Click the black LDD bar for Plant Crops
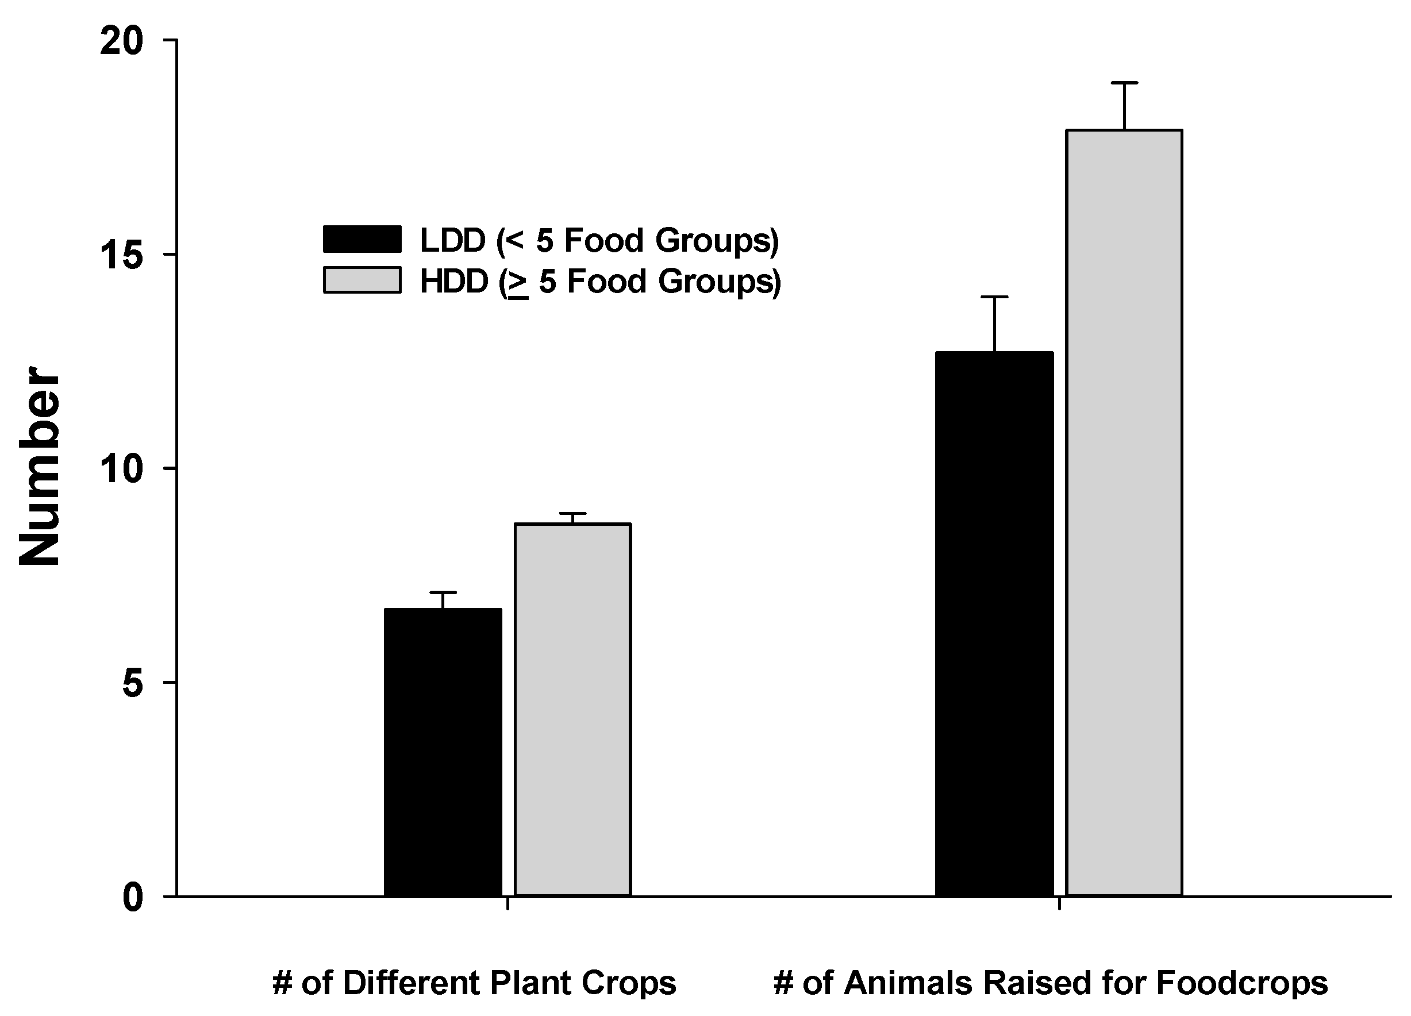click(x=443, y=753)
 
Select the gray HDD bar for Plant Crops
click(x=573, y=709)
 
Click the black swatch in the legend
click(x=362, y=239)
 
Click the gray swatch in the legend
click(x=362, y=280)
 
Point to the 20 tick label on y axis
click(x=122, y=42)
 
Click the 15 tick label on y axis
click(x=122, y=255)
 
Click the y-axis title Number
click(x=39, y=467)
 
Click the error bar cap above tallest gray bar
click(x=1124, y=83)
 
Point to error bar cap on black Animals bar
click(x=994, y=297)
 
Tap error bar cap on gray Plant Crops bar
click(x=573, y=513)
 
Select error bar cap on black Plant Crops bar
click(x=443, y=592)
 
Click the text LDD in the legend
click(x=453, y=241)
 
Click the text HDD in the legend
click(x=454, y=281)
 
